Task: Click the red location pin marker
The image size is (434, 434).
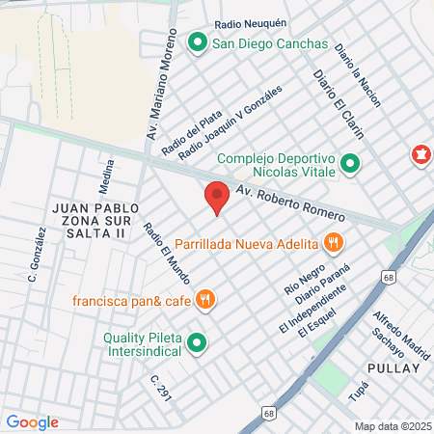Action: coord(217,196)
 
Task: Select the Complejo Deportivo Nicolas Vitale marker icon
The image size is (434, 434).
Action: coord(350,165)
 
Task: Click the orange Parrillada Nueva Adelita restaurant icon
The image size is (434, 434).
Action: coord(333,242)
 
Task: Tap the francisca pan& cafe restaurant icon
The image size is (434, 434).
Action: coord(203,300)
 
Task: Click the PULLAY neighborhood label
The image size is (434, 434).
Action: coord(394,368)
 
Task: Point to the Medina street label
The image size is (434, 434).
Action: coord(107,176)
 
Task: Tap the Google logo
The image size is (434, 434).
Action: coord(32,421)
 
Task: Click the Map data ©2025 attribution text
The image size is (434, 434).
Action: coord(392,425)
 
